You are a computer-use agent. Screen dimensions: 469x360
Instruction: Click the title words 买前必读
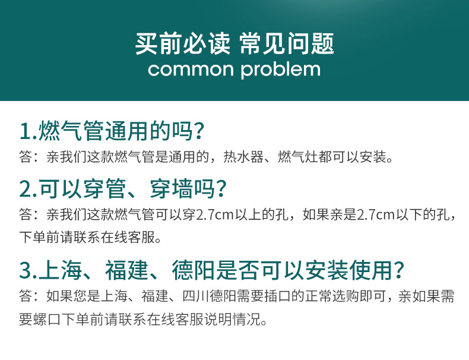pos(182,44)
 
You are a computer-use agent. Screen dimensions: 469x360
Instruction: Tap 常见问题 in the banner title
pos(287,44)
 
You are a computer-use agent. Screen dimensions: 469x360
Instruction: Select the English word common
pos(191,70)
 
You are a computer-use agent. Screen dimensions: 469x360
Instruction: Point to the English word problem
pos(281,70)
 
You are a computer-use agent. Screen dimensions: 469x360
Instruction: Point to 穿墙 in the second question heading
pos(172,189)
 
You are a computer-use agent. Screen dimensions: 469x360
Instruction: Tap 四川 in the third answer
pos(195,296)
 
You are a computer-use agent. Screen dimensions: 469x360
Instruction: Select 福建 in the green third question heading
pos(126,270)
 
